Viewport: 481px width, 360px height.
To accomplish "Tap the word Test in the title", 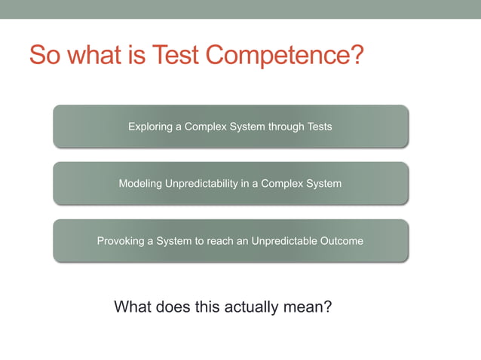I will click(176, 54).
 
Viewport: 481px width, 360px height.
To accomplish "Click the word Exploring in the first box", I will click(150, 127).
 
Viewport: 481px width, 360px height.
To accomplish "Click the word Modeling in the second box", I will click(139, 184).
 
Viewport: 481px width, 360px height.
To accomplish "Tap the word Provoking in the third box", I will click(121, 242).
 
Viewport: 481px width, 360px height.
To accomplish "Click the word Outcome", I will click(342, 242).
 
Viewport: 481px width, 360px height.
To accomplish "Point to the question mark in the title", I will click(357, 54).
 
